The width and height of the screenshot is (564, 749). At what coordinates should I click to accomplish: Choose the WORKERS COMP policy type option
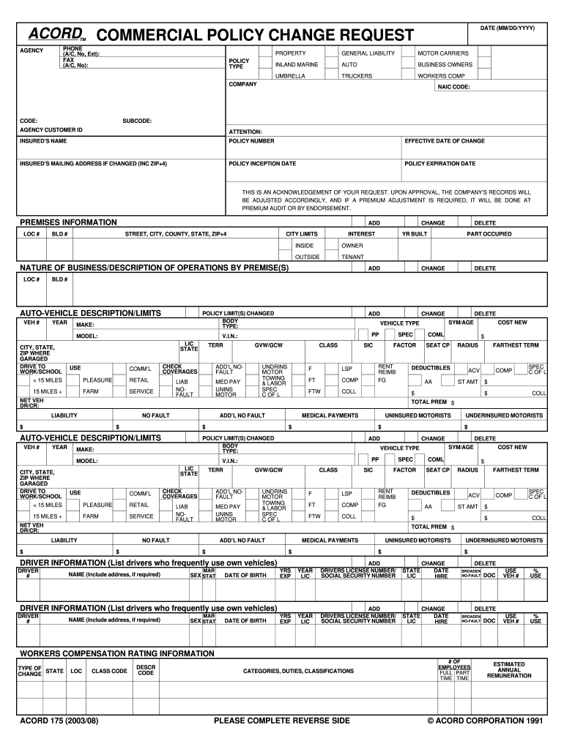point(441,76)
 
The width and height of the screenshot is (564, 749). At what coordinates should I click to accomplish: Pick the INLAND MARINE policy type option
point(297,64)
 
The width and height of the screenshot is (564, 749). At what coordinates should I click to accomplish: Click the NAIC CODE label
point(453,86)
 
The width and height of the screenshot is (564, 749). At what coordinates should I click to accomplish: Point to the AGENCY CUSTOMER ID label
point(51,129)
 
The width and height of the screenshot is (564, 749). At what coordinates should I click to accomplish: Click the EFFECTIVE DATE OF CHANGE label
point(445,140)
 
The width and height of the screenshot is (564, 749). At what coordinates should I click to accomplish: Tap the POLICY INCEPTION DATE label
point(262,164)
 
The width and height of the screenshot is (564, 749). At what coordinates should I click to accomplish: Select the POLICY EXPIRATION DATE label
point(439,164)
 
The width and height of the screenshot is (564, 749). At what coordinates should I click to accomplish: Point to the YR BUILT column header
point(415,234)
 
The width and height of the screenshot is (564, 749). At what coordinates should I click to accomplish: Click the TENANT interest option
point(352,257)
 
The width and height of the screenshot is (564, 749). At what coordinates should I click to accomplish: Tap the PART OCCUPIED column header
point(490,234)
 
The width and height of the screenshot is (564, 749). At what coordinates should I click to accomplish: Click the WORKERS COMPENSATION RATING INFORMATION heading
point(116,653)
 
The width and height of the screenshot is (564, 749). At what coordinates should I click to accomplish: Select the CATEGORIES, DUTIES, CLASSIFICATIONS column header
point(298,671)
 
